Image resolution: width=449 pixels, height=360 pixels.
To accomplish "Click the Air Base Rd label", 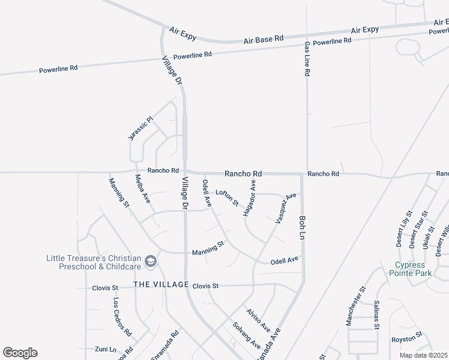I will pyautogui.click(x=263, y=39).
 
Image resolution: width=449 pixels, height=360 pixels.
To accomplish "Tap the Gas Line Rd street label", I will pyautogui.click(x=307, y=59).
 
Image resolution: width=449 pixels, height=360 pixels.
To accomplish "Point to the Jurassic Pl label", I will pyautogui.click(x=141, y=128).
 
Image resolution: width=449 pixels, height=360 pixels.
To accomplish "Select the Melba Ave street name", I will pyautogui.click(x=142, y=188).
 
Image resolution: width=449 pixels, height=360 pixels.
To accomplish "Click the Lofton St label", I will pyautogui.click(x=228, y=197).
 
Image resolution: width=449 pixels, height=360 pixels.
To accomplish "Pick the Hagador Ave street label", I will pyautogui.click(x=250, y=197).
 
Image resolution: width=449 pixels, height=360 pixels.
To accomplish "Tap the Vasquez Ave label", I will pyautogui.click(x=286, y=208).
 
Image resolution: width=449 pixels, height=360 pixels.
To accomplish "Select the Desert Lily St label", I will pyautogui.click(x=403, y=229).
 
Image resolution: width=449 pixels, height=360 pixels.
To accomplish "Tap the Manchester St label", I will pyautogui.click(x=355, y=306).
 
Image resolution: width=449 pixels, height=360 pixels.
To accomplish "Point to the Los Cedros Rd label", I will pyautogui.click(x=122, y=317).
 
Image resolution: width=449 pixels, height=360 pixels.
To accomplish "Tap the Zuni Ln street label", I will pyautogui.click(x=105, y=348).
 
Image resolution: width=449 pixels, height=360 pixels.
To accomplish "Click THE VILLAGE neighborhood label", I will pyautogui.click(x=161, y=284).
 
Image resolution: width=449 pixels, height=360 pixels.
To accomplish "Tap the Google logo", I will pyautogui.click(x=20, y=353).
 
